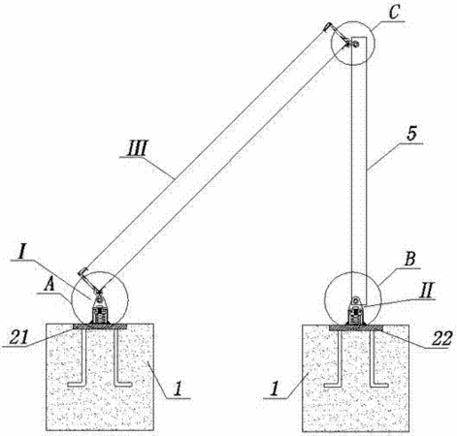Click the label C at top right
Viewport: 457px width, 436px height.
(x=394, y=13)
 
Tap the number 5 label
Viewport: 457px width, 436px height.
(x=411, y=134)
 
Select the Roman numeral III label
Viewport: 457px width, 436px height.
(x=137, y=149)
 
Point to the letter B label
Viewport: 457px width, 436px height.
(x=409, y=260)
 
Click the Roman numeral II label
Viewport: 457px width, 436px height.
(x=425, y=291)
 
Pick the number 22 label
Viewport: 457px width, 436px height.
(x=442, y=339)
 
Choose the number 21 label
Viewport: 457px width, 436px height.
(x=19, y=337)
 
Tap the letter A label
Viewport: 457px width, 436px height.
(x=49, y=285)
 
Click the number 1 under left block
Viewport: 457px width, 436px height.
(x=178, y=389)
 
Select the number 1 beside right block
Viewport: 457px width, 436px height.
(x=275, y=389)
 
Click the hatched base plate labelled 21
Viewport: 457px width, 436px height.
(x=100, y=327)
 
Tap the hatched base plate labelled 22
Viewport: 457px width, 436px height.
(x=356, y=327)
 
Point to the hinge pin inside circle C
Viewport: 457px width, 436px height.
(x=355, y=43)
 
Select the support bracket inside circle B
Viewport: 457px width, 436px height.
(x=356, y=311)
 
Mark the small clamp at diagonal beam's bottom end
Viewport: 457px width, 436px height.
(x=89, y=280)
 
